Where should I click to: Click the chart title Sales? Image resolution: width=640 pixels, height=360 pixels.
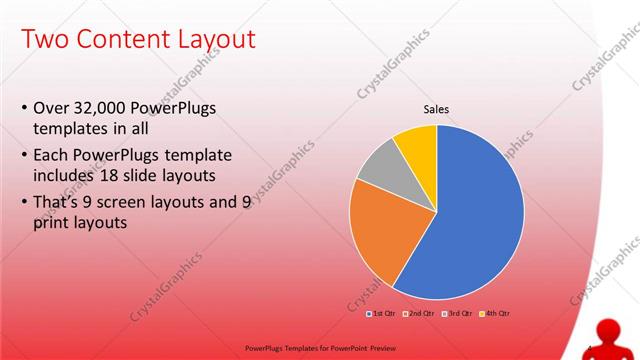(x=436, y=109)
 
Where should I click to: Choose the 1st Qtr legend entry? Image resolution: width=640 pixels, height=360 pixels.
(x=383, y=314)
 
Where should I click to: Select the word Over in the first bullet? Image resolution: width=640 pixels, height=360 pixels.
(x=51, y=107)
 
